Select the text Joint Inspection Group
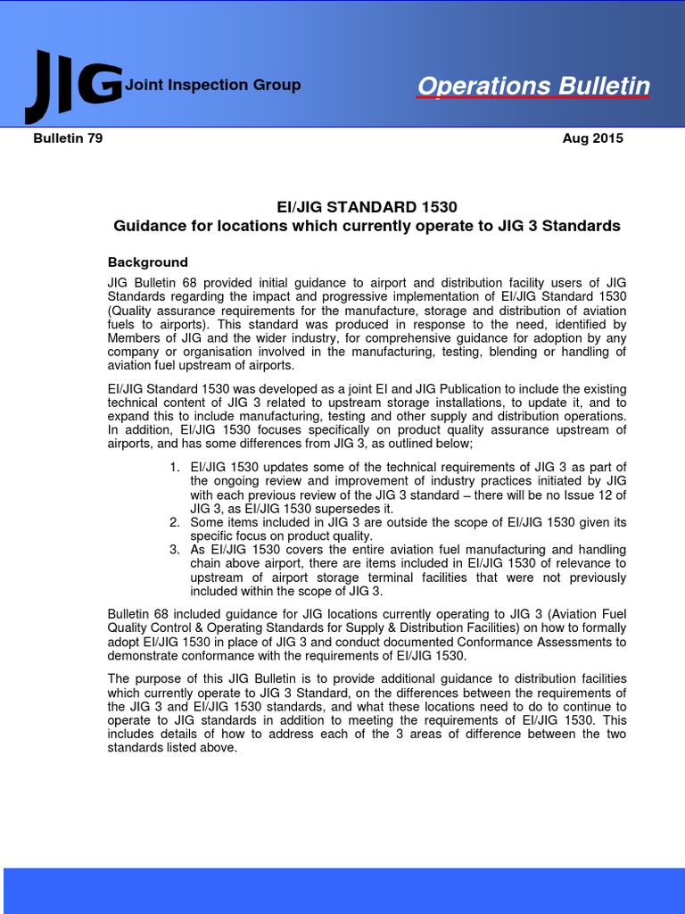(x=213, y=85)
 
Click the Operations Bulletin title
(x=533, y=86)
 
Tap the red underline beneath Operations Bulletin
(x=533, y=99)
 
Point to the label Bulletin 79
(x=68, y=138)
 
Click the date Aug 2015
(x=593, y=138)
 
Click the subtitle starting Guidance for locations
(x=367, y=226)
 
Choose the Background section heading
(x=148, y=262)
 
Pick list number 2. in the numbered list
(x=175, y=522)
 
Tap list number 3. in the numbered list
(x=175, y=549)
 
